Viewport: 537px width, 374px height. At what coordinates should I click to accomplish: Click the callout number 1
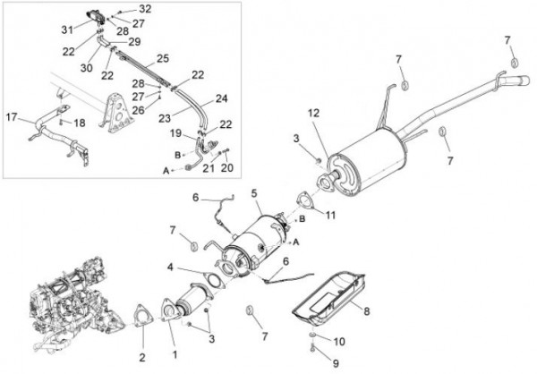[x=175, y=354]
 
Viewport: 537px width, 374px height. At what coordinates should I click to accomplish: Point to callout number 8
[x=366, y=311]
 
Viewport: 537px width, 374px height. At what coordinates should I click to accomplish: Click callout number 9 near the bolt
[x=312, y=363]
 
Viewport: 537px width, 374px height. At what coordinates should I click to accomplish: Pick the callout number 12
[x=313, y=113]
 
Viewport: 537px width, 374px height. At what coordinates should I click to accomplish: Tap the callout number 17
[x=12, y=117]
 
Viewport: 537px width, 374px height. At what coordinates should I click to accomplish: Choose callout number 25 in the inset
[x=162, y=58]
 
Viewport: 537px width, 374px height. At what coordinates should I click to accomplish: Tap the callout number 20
[x=227, y=167]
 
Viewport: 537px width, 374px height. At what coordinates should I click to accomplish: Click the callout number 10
[x=339, y=342]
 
